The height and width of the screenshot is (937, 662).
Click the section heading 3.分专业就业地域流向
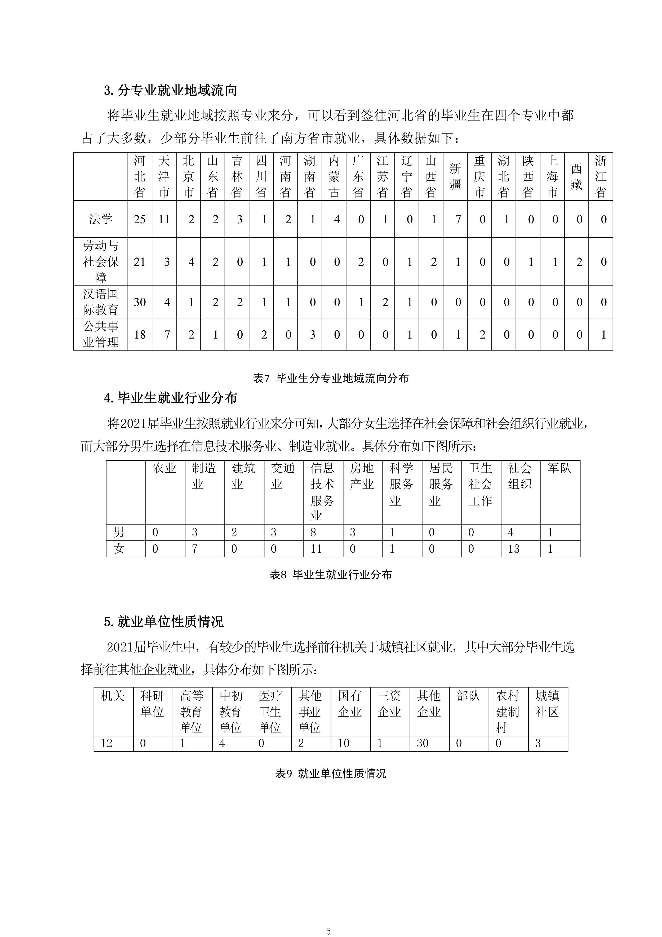click(x=171, y=90)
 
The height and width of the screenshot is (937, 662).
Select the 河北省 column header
click(x=140, y=176)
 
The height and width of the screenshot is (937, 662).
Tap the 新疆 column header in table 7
click(x=455, y=176)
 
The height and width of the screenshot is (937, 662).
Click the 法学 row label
click(x=100, y=219)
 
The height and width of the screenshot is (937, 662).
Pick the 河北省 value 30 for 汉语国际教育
click(x=140, y=303)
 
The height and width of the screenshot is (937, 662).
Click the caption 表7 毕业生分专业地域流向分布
click(x=331, y=378)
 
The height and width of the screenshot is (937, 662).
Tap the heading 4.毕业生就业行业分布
click(x=171, y=398)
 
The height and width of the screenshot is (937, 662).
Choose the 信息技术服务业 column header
click(x=322, y=492)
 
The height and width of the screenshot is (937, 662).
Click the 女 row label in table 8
click(x=119, y=549)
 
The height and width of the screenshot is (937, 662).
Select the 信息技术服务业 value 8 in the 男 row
click(x=313, y=532)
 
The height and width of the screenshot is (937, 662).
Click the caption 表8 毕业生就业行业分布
click(x=331, y=575)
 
